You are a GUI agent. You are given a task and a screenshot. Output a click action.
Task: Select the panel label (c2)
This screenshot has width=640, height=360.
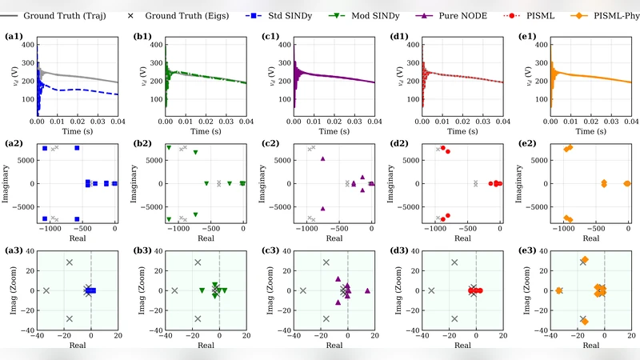click(273, 144)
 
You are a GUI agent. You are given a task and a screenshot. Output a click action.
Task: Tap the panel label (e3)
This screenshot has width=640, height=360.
click(530, 251)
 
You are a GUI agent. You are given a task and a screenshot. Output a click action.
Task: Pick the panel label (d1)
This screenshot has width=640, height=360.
click(402, 37)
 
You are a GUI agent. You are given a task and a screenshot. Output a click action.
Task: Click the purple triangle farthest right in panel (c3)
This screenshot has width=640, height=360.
click(367, 290)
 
